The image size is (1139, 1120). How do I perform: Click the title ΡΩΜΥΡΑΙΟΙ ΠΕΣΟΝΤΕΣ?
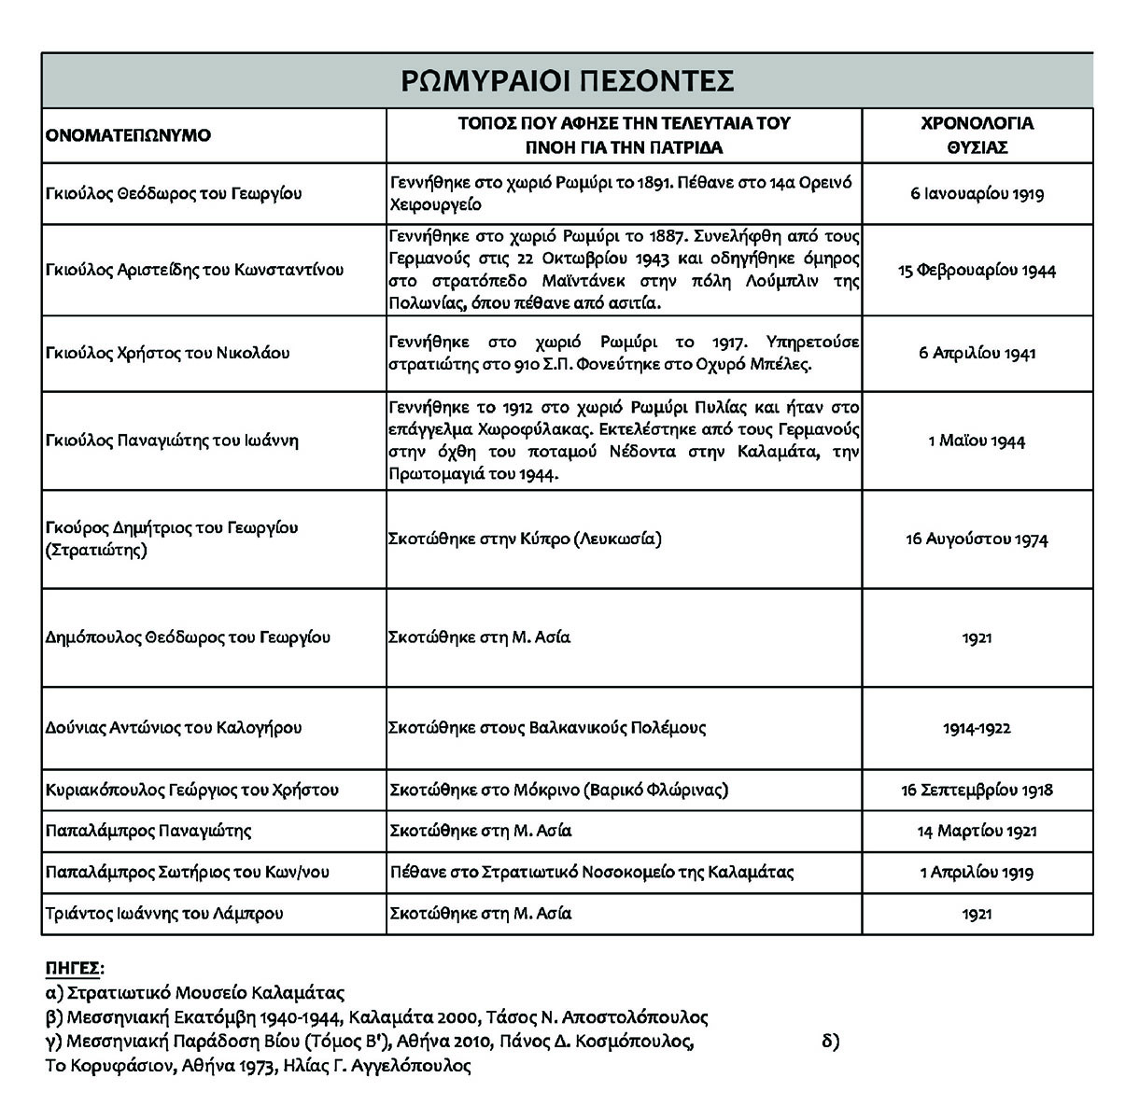click(567, 81)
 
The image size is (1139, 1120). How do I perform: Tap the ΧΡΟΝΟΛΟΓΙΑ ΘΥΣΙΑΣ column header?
click(977, 135)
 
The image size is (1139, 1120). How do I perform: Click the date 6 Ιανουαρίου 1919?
click(977, 194)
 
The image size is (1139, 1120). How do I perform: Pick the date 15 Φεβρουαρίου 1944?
click(977, 271)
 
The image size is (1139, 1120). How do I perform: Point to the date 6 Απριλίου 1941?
click(977, 353)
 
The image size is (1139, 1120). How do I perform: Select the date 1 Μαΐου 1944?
click(977, 441)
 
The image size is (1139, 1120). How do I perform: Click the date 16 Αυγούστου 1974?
click(977, 539)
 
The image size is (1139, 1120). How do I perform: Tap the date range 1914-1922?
click(977, 728)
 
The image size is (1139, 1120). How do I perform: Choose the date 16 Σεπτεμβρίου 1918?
click(977, 790)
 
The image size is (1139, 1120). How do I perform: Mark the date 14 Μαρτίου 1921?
click(977, 831)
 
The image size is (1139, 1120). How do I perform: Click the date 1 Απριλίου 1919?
click(977, 873)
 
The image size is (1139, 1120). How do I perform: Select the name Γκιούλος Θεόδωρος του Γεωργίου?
click(175, 194)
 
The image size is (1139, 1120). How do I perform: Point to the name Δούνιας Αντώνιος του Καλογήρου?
click(174, 728)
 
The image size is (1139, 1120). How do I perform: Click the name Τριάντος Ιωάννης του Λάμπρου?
click(164, 914)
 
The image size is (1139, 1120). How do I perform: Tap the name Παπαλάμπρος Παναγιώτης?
click(148, 831)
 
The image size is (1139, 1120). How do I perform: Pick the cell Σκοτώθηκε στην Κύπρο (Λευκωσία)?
click(525, 539)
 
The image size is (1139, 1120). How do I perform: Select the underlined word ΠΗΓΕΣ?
click(75, 967)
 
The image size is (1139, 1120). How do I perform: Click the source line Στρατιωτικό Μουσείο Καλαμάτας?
click(196, 992)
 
